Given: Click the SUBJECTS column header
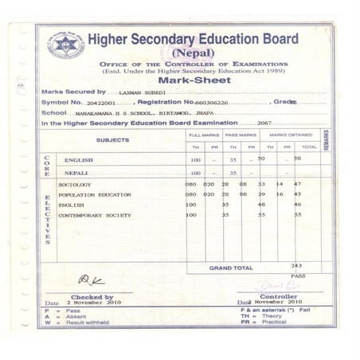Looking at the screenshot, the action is point(112,140).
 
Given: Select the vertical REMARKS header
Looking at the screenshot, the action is point(326,140).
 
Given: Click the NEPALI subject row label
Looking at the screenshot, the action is point(77,173).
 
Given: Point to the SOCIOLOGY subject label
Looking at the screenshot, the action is point(74,184).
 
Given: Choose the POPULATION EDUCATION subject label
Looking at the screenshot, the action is point(94,194).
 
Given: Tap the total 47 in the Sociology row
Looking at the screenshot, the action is point(297,184).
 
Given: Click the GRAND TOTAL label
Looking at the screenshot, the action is point(231,268).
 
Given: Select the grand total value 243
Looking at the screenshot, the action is point(296,265).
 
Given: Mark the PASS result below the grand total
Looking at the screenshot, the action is point(298,276).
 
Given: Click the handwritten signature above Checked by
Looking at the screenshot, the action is point(91,280).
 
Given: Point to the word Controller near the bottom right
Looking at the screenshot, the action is point(277,296).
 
